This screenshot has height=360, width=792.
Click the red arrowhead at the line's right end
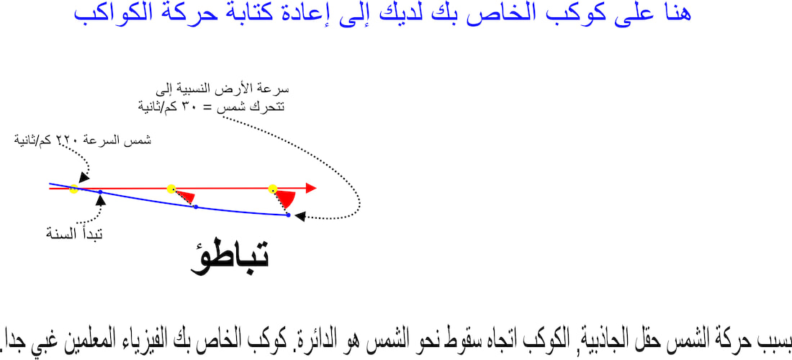click(311, 189)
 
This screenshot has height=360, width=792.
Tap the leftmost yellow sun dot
click(73, 189)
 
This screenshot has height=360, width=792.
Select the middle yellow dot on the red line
click(171, 189)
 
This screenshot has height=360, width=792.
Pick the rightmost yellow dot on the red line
click(273, 189)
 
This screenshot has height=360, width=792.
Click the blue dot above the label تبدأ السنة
click(100, 192)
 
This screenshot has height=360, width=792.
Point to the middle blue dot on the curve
click(195, 207)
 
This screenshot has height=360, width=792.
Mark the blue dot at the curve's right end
click(289, 215)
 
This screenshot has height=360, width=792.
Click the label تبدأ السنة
click(75, 234)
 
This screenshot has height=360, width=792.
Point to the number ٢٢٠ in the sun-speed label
click(65, 140)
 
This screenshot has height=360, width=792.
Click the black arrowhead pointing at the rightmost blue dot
click(300, 216)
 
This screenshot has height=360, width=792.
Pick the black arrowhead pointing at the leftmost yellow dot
click(84, 177)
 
